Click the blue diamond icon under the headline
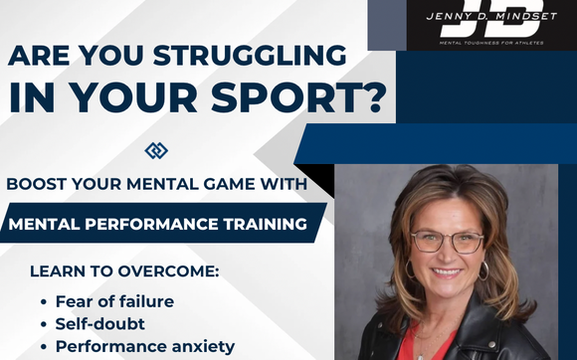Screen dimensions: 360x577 pos(156,150)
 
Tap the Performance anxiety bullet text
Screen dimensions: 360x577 pos(144,346)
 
